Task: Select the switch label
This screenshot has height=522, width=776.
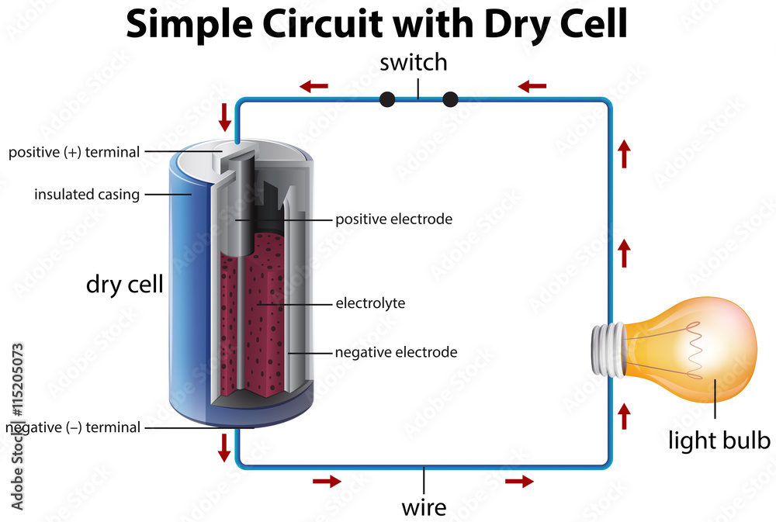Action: coord(414,62)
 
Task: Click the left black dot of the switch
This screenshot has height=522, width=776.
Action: coord(387,99)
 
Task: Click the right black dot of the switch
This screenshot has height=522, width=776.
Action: coord(450,99)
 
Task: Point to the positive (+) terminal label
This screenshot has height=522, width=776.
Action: coord(74,152)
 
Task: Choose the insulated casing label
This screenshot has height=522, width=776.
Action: coord(87,194)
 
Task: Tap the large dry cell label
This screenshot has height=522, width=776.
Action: coord(124,284)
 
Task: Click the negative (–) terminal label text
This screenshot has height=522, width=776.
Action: coord(73,427)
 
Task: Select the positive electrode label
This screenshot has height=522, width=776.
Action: coord(393,220)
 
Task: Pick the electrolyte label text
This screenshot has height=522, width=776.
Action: coord(370,302)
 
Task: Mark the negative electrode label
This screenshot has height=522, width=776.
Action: coord(396,352)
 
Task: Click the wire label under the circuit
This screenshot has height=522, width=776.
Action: coord(424,508)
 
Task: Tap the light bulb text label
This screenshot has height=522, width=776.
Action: coord(719,441)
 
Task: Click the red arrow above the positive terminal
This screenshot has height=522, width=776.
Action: coord(225,117)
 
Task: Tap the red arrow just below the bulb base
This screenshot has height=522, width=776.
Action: coord(624,416)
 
